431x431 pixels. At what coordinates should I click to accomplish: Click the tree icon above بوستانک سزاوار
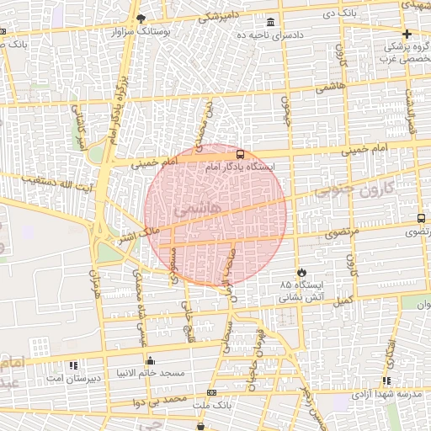click(141, 19)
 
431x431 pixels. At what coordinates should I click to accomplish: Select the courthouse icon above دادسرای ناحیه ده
click(269, 22)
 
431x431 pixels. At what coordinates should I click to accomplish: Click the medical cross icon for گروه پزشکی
click(407, 35)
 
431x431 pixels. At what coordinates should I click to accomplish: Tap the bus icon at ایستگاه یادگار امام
click(240, 155)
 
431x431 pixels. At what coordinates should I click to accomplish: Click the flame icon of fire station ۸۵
click(301, 273)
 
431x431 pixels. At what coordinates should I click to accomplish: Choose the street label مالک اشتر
click(137, 230)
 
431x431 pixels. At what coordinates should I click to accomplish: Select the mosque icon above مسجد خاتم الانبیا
click(150, 361)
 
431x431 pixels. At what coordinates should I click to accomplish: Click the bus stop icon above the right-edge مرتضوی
click(420, 218)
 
